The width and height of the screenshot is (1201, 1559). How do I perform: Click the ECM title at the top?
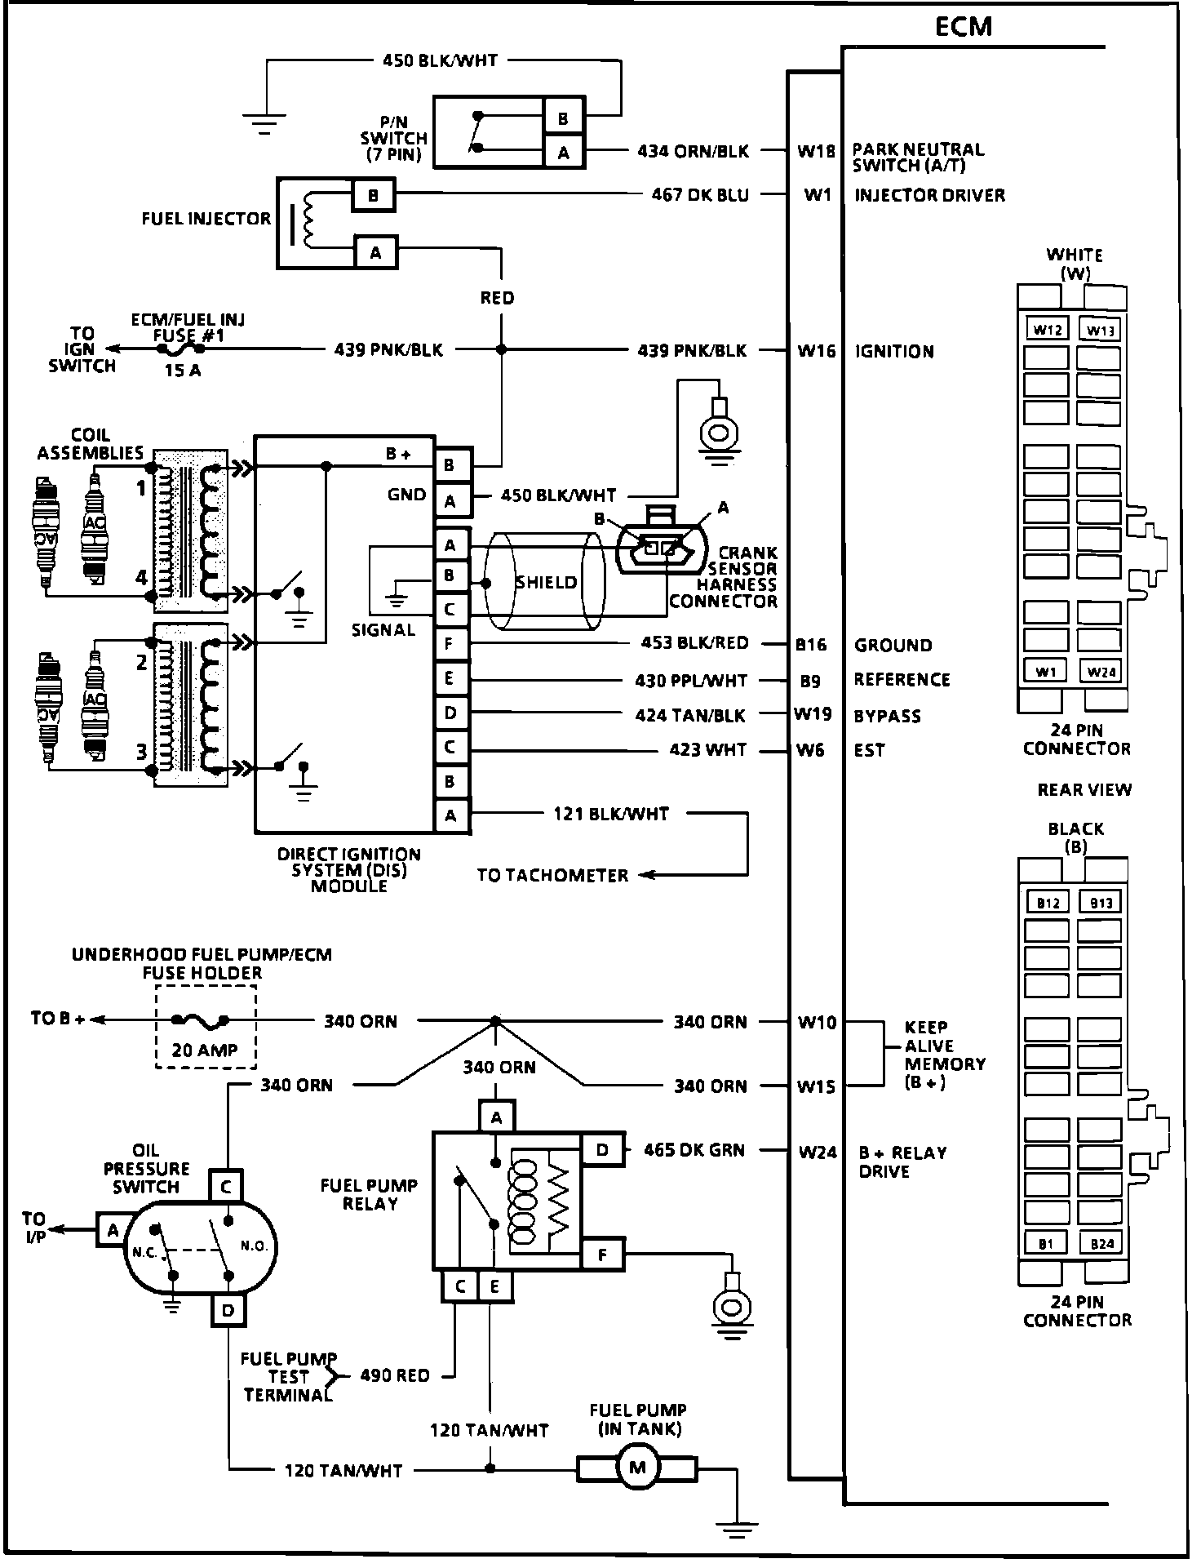[x=963, y=26]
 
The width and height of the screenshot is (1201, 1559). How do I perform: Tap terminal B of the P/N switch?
[x=563, y=118]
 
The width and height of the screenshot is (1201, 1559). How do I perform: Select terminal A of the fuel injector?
[x=375, y=252]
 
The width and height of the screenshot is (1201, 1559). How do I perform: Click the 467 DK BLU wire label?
[x=700, y=195]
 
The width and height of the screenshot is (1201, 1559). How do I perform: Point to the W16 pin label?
[x=817, y=351]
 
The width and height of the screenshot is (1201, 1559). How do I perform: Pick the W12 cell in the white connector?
[x=1047, y=330]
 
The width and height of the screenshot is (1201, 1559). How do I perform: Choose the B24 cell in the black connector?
[x=1101, y=1244]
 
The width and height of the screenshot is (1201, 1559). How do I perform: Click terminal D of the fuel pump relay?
[x=602, y=1150]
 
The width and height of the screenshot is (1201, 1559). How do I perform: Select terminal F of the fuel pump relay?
[x=602, y=1255]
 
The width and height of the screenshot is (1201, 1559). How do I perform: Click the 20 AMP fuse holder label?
[x=204, y=1050]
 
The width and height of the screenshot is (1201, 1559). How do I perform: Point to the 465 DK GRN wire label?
[x=694, y=1150]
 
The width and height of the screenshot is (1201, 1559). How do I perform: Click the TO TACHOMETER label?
[x=552, y=875]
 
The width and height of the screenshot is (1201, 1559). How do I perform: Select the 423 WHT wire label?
[x=707, y=749]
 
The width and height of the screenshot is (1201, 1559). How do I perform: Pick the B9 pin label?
[x=809, y=680]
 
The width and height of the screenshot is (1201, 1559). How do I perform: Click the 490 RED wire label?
[x=395, y=1375]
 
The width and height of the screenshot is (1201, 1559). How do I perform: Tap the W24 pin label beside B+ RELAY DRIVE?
[x=818, y=1153]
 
